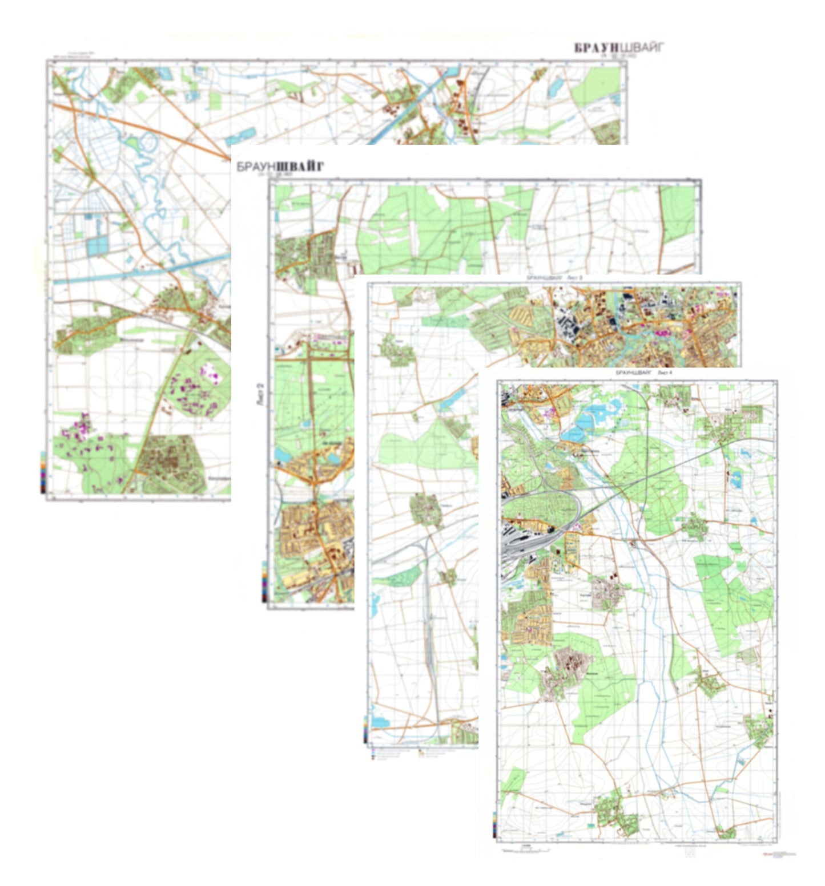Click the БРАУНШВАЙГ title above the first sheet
619,47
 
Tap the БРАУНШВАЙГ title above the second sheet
280,166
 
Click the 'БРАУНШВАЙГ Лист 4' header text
643,372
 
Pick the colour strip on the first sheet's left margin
43,471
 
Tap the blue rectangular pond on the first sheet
97,245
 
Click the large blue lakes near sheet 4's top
594,422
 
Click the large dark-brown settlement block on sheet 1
171,462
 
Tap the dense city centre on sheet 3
628,325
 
